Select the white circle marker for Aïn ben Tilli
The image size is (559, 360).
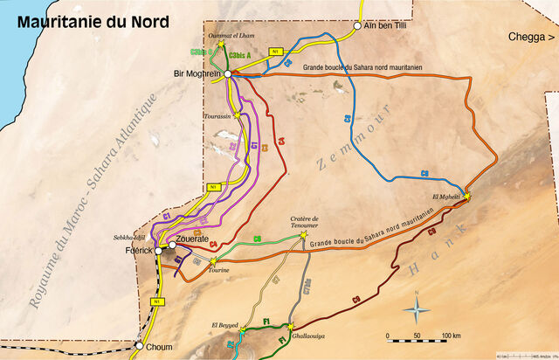pyautogui.click(x=357, y=26)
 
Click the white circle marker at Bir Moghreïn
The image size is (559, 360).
pyautogui.click(x=227, y=74)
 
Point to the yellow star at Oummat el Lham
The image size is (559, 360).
pyautogui.click(x=222, y=43)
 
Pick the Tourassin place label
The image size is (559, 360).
pyautogui.click(x=217, y=116)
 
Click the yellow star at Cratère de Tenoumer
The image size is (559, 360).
pyautogui.click(x=304, y=234)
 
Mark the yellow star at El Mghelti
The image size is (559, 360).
pyautogui.click(x=466, y=197)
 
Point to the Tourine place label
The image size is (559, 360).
pyautogui.click(x=218, y=271)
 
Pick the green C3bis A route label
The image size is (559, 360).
pyautogui.click(x=239, y=55)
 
